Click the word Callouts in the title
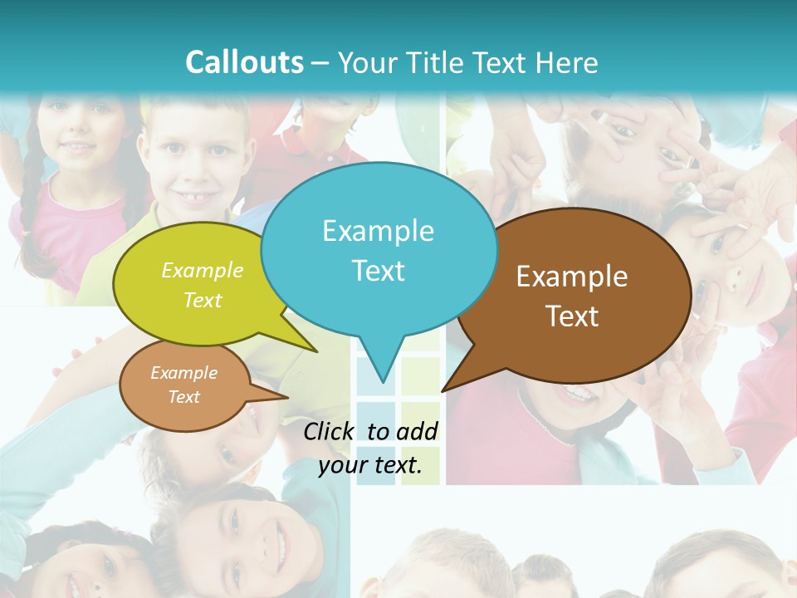pos(244,62)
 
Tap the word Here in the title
pos(567,62)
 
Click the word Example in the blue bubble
pos(378,231)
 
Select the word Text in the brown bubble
pos(572,316)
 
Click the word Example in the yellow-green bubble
pos(203,271)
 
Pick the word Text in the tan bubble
pos(184,397)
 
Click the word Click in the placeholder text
pos(329,431)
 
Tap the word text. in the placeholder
pos(395,465)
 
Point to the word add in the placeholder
pos(417,431)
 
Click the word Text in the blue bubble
pos(378,271)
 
